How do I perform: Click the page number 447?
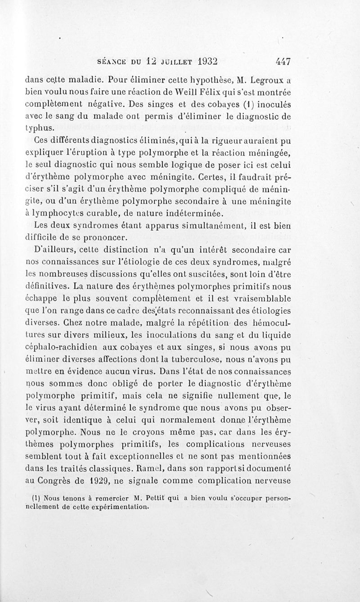[280, 62]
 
